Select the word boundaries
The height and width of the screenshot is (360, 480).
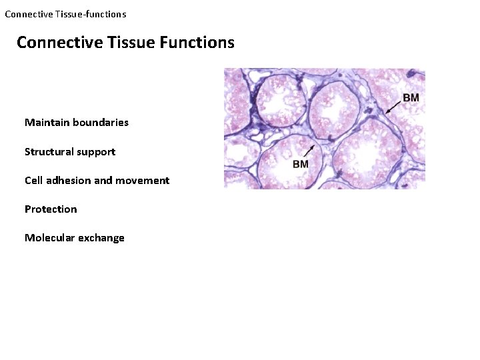pyautogui.click(x=101, y=123)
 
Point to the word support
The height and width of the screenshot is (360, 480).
pyautogui.click(x=97, y=152)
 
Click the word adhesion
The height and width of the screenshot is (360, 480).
pyautogui.click(x=70, y=181)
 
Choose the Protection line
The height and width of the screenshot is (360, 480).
pyautogui.click(x=51, y=209)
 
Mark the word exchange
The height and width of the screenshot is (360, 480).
pyautogui.click(x=102, y=238)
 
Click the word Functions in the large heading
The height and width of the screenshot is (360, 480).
pyautogui.click(x=197, y=43)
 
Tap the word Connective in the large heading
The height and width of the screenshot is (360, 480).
pyautogui.click(x=60, y=43)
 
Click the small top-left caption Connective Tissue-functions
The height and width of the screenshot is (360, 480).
pyautogui.click(x=65, y=14)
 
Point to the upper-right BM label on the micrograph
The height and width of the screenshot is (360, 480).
pyautogui.click(x=411, y=98)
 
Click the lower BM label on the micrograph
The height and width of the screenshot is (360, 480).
pyautogui.click(x=301, y=164)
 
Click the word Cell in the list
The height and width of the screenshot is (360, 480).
pyautogui.click(x=33, y=181)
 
